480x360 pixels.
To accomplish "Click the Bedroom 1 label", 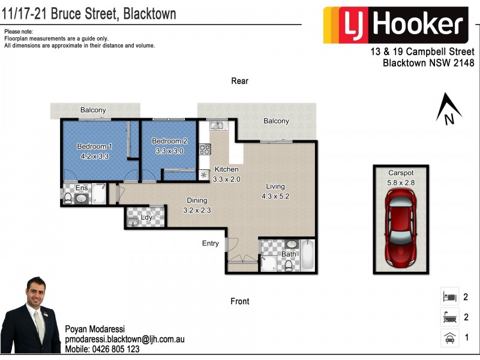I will [x=94, y=146].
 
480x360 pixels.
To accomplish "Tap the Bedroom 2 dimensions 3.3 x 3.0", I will [x=169, y=151].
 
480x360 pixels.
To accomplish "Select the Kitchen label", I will [x=226, y=170].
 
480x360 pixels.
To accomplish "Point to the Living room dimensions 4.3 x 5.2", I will [x=275, y=196].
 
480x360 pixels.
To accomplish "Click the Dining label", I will [x=197, y=200].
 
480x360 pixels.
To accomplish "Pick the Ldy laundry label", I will [x=146, y=217].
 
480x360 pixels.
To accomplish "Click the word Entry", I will [x=211, y=243].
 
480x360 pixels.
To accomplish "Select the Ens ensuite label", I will [x=82, y=188].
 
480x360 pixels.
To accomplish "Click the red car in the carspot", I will [x=400, y=228].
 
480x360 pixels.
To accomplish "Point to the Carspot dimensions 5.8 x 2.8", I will [x=400, y=183].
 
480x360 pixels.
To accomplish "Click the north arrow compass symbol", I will [x=448, y=109].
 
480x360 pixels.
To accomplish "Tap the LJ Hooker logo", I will [x=395, y=25].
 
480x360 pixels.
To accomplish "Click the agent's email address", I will [x=124, y=339].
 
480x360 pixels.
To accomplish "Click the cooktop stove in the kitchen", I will [x=204, y=148].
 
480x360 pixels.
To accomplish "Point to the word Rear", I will [x=239, y=81].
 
